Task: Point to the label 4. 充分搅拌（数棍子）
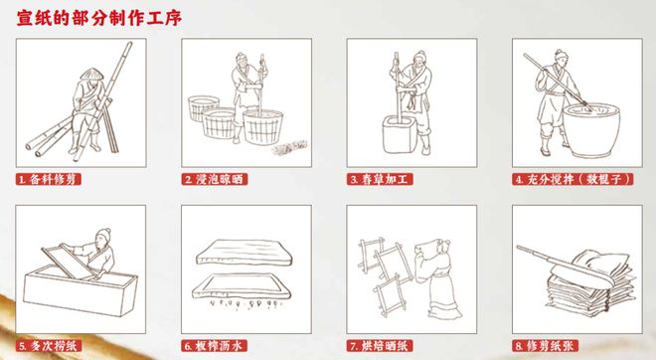point(563,180)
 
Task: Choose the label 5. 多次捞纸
point(49,346)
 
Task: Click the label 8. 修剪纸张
point(546,346)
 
